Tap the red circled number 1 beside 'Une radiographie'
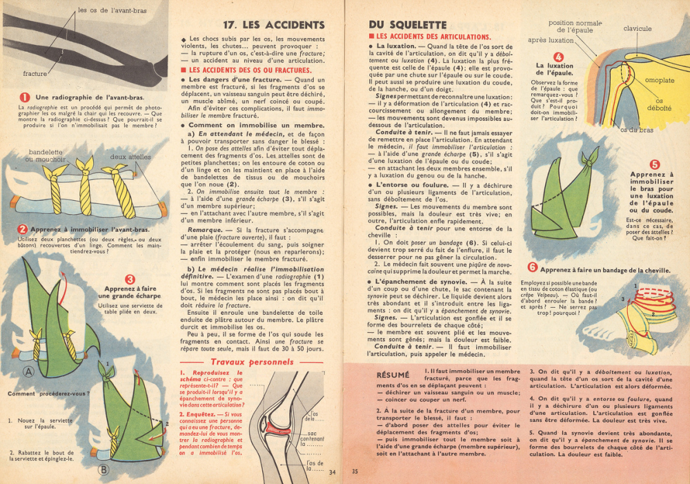click(x=25, y=97)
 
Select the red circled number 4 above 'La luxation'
click(x=558, y=57)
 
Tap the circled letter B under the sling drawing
click(x=104, y=470)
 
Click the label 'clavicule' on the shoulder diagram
click(x=637, y=29)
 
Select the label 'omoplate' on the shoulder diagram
click(x=659, y=81)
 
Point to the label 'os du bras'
click(x=636, y=130)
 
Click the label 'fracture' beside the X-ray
click(x=35, y=73)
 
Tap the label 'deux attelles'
click(x=130, y=157)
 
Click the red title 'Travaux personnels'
click(x=252, y=362)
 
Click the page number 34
click(x=332, y=472)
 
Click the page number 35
click(x=355, y=472)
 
